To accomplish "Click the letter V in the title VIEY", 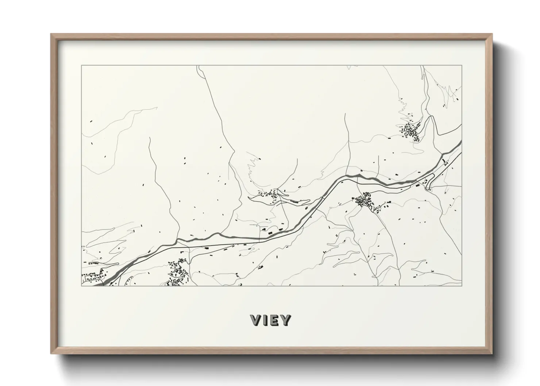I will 256,320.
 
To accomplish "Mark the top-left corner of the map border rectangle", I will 82,66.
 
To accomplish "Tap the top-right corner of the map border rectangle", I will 462,66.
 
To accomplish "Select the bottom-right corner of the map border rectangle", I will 462,286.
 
